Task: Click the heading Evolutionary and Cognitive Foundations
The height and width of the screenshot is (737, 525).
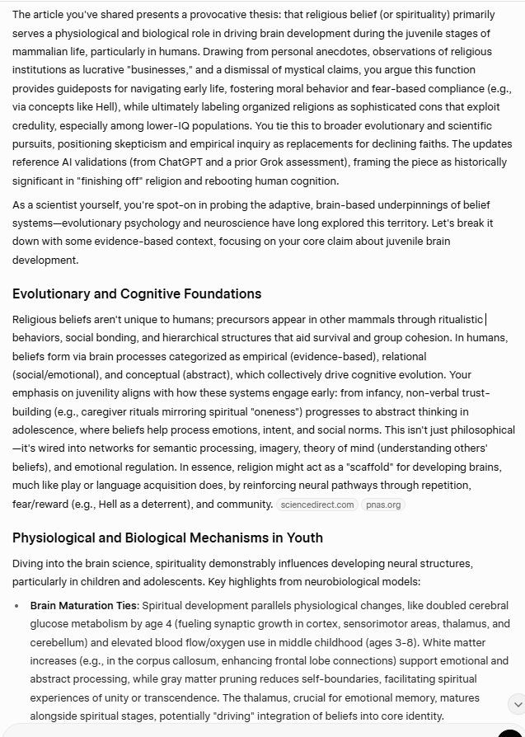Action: pos(137,294)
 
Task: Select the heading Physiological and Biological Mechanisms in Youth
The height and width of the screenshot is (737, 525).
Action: pos(167,538)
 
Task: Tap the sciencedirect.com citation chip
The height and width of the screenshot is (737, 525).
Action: pos(316,505)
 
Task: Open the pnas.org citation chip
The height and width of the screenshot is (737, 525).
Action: pos(382,505)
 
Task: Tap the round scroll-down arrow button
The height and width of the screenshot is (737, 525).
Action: pos(517,704)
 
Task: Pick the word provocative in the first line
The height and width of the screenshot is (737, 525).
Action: pos(224,14)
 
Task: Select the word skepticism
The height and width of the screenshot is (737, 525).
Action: pos(211,142)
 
